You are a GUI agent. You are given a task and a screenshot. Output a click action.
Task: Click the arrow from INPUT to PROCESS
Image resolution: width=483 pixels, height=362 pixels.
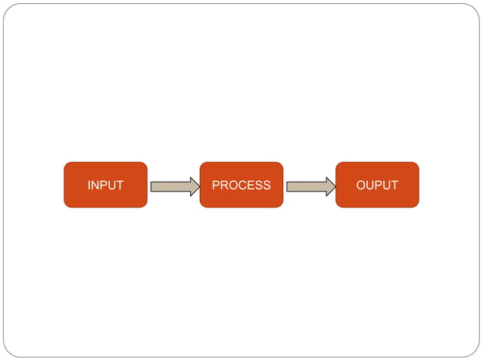[174, 186]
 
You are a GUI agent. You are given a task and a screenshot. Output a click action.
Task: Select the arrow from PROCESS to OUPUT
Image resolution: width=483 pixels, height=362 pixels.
[310, 186]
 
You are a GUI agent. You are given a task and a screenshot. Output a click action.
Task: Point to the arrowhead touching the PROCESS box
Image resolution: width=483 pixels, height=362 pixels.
[195, 186]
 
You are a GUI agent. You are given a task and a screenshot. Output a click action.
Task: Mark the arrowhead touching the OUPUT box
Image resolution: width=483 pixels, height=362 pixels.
[331, 186]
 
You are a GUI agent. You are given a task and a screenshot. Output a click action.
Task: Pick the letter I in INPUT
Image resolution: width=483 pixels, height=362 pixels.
[89, 186]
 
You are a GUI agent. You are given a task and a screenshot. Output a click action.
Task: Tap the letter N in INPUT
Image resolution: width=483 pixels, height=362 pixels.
[95, 186]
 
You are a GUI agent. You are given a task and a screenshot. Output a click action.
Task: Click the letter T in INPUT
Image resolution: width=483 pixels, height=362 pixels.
[120, 186]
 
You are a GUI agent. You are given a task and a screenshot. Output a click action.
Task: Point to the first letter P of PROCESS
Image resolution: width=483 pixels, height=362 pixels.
[216, 186]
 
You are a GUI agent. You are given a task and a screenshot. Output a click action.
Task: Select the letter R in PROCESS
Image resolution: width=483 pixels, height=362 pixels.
[224, 186]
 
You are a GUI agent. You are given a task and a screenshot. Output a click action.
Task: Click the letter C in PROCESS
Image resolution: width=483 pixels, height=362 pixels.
[243, 186]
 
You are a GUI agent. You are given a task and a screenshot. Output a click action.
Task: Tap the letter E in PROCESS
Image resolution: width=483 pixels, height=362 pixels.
[251, 186]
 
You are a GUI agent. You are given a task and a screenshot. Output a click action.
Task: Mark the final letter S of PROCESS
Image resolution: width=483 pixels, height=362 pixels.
[266, 186]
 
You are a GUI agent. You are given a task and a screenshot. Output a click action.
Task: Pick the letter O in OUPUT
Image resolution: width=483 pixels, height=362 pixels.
[361, 186]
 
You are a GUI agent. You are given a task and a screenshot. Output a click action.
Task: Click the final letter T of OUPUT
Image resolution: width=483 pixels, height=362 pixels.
[394, 186]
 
